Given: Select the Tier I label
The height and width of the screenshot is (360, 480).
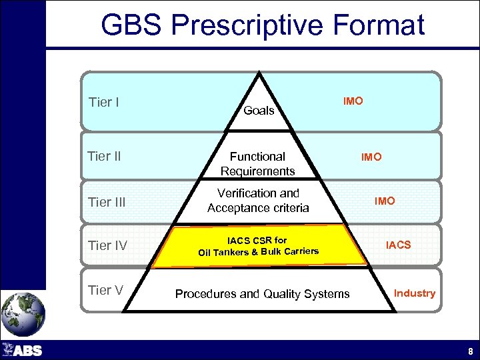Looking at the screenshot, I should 104,103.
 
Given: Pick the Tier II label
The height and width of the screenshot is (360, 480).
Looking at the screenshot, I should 105,157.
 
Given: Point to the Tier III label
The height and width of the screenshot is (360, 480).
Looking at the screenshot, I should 107,202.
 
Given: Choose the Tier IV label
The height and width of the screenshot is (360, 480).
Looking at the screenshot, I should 107,246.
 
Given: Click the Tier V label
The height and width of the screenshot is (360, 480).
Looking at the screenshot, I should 105,290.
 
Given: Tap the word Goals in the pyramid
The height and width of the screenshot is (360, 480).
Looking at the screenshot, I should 259,111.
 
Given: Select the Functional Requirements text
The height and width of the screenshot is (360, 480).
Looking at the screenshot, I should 258,164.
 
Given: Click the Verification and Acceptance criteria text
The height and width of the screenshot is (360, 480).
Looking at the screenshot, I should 258,201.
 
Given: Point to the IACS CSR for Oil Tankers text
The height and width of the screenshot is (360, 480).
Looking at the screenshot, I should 258,245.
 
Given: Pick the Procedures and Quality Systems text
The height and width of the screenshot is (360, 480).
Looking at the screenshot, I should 262,293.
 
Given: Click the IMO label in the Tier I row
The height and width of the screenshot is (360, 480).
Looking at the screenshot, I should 353,101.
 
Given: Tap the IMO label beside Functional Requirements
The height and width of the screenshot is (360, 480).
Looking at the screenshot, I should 371,157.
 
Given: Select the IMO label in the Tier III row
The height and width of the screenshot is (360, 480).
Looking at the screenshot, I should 385,201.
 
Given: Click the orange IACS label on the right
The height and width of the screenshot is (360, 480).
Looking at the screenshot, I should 399,245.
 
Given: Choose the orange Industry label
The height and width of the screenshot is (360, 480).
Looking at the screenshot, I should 414,293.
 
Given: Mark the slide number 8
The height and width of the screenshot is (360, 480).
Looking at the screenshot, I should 471,351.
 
